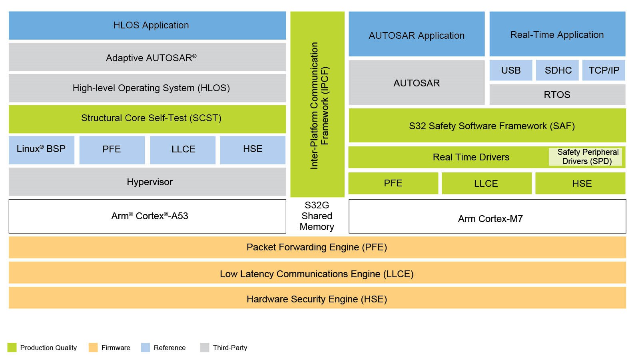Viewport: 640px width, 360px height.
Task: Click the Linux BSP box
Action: tap(42, 150)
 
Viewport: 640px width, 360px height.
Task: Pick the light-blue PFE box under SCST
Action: tap(112, 150)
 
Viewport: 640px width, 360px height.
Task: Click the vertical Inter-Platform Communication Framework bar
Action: tap(317, 104)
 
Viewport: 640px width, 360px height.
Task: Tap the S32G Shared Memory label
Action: tap(317, 216)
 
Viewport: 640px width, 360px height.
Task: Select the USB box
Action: tap(511, 70)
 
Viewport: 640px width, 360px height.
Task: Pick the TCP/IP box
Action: tap(604, 70)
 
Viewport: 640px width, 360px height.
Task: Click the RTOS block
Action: tap(557, 95)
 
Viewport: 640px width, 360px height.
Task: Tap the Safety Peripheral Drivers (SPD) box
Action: tap(587, 157)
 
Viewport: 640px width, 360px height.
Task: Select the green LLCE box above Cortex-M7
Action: tap(486, 184)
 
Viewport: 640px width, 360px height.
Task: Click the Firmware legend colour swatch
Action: tap(93, 347)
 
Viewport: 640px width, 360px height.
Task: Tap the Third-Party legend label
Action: tap(230, 348)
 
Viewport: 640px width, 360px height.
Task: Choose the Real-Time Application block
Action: tap(557, 34)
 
